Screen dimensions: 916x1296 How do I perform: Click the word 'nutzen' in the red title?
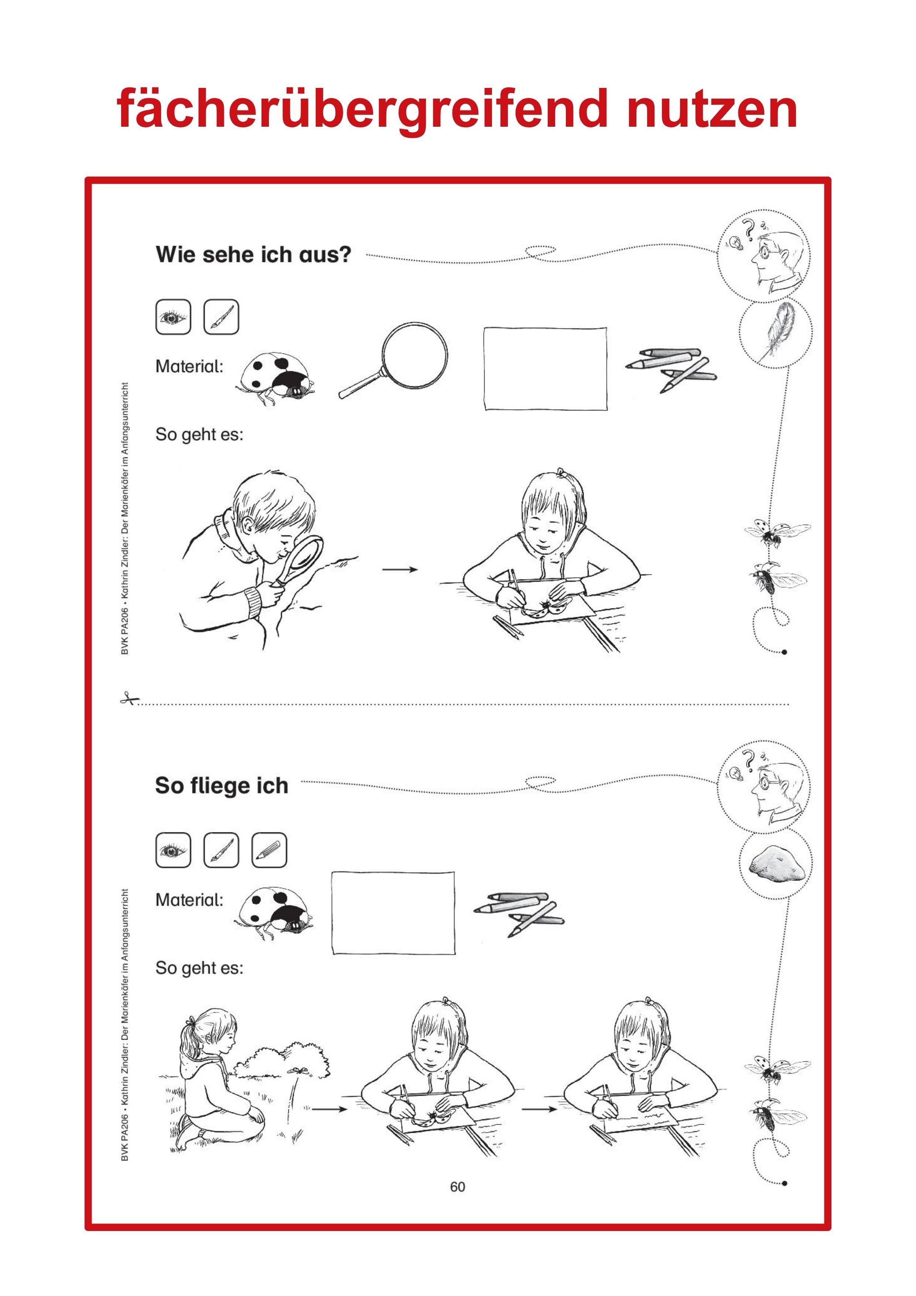[x=712, y=109]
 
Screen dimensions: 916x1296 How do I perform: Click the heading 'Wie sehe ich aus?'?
[x=253, y=255]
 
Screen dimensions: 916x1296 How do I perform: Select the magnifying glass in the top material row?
[x=393, y=360]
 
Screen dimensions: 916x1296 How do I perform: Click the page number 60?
[x=458, y=1187]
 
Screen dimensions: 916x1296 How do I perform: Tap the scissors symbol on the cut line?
[x=129, y=699]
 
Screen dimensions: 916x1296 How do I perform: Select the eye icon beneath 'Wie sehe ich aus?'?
[x=173, y=317]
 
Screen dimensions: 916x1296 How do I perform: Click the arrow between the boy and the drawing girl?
[x=400, y=570]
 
